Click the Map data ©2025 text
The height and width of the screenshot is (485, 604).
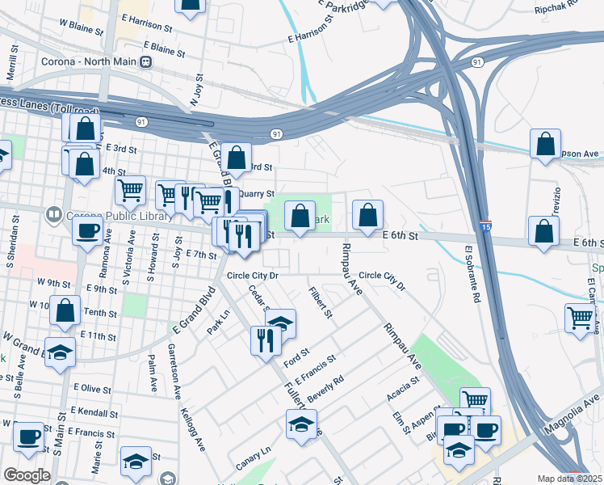point(570,479)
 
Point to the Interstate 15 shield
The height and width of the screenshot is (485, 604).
point(484,228)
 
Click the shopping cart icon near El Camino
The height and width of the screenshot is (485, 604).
point(580,317)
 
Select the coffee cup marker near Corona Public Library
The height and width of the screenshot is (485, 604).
point(87,230)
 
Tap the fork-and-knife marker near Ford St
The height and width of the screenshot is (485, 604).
point(266,339)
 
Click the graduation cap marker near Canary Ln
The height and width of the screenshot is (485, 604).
point(301,423)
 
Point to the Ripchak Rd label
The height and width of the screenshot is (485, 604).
point(557,8)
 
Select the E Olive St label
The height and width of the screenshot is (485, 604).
point(92,389)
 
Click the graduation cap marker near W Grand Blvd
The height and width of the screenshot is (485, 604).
point(61,352)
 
